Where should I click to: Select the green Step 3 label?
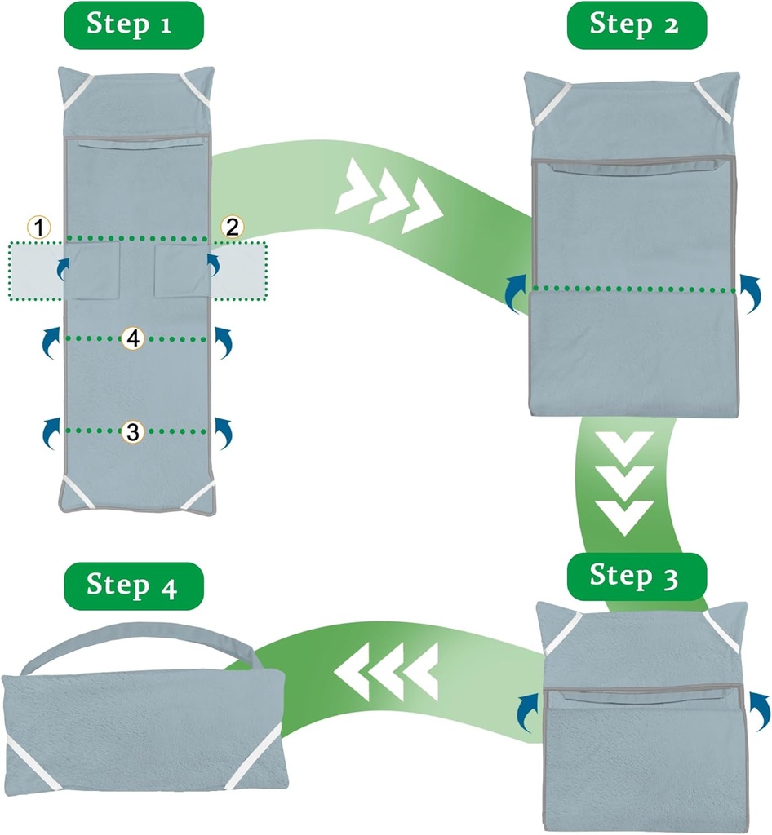pyautogui.click(x=634, y=577)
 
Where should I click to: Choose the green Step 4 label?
pyautogui.click(x=132, y=585)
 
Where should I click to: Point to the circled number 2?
pyautogui.click(x=233, y=228)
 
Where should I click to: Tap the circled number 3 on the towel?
pyautogui.click(x=132, y=431)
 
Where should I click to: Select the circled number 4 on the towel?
pyautogui.click(x=132, y=338)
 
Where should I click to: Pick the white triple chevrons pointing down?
pyautogui.click(x=625, y=483)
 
